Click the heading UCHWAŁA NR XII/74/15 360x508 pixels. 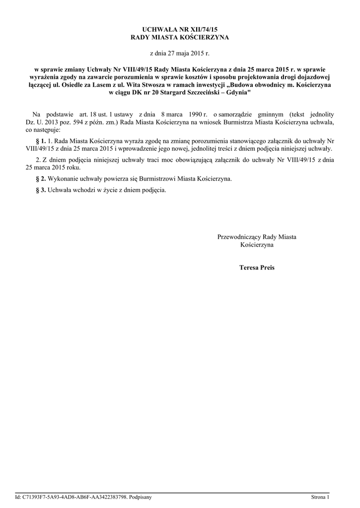[180, 30]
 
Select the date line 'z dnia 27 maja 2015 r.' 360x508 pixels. [180, 53]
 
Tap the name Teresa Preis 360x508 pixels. [257, 267]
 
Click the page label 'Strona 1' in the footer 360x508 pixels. [320, 497]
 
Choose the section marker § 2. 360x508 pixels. [42, 178]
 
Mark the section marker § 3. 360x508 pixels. [42, 190]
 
